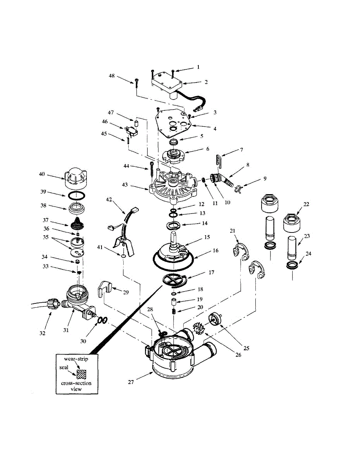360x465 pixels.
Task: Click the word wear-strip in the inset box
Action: click(x=76, y=359)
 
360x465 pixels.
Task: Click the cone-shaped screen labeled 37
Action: click(x=78, y=224)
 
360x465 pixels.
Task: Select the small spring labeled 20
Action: click(x=174, y=311)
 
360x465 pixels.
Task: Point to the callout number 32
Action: click(x=43, y=333)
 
